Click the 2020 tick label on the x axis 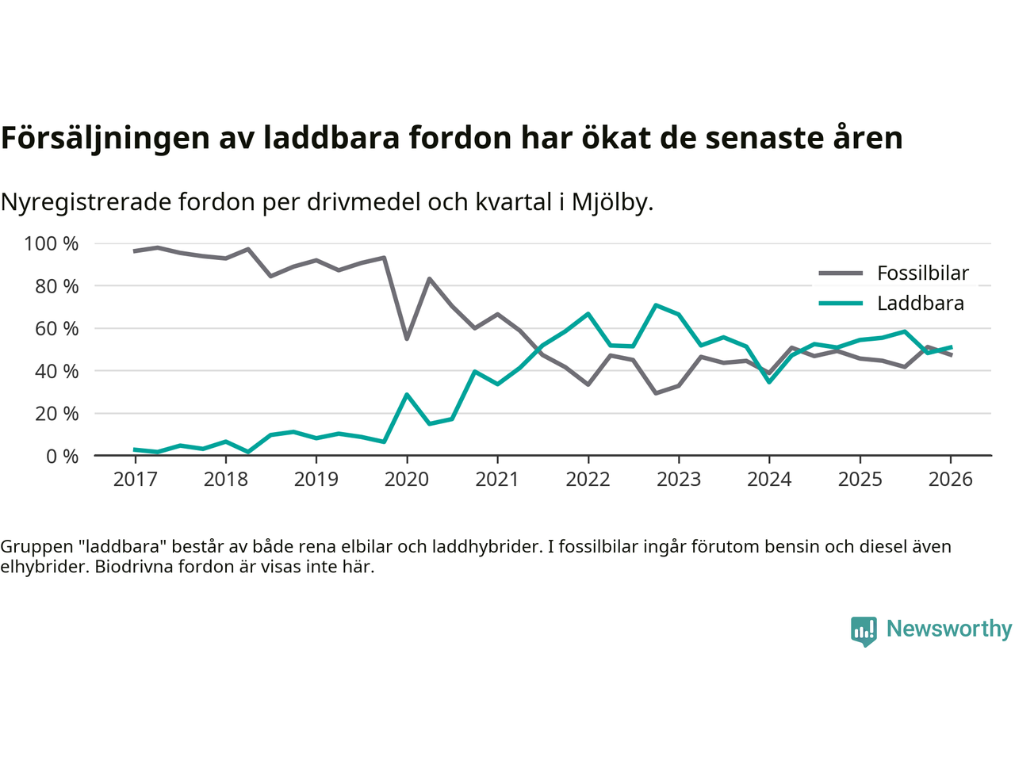tap(406, 480)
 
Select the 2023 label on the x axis tap(678, 480)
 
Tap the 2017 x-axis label tap(135, 480)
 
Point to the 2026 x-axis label tap(950, 480)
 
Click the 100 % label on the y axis tap(52, 243)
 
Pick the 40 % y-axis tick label tap(56, 371)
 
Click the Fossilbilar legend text tap(923, 273)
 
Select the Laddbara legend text tap(921, 304)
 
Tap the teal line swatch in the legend tap(841, 304)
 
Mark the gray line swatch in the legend tap(841, 273)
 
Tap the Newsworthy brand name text tap(949, 629)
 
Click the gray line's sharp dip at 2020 tap(407, 338)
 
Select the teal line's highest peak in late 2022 tap(656, 305)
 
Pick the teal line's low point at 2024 tap(769, 382)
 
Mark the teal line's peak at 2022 tap(588, 314)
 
